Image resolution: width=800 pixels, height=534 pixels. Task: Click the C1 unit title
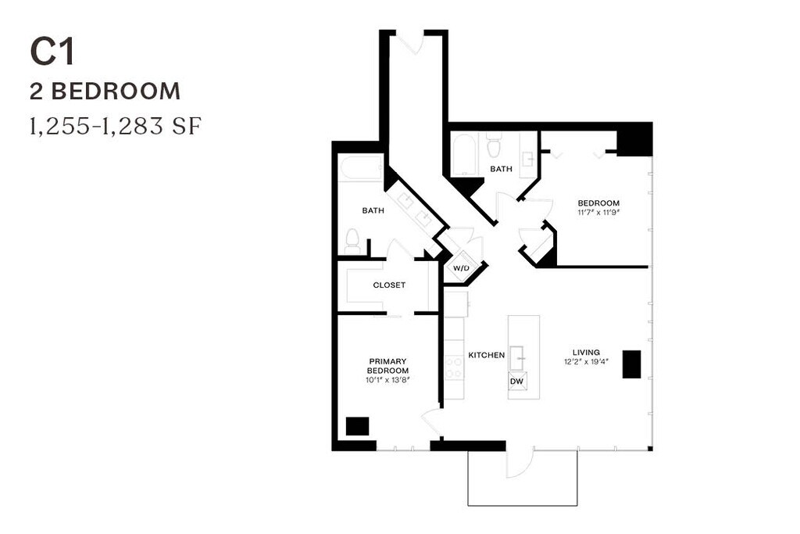tap(52, 52)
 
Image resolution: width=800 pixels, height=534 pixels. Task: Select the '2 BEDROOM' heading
tap(105, 91)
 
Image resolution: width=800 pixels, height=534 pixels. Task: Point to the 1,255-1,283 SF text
tap(116, 126)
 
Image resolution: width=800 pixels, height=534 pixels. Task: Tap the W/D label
tap(461, 268)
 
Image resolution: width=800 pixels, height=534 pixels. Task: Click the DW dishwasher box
tap(517, 381)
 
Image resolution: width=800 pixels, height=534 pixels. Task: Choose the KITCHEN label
tap(486, 355)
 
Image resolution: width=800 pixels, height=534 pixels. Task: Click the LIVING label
tap(586, 353)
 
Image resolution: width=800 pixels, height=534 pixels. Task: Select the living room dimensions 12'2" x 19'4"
tap(586, 362)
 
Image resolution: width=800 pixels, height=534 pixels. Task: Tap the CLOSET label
tap(389, 285)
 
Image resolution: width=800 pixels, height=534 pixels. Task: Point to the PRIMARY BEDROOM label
tap(388, 366)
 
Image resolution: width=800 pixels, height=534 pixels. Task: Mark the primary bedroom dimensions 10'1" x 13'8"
tap(388, 380)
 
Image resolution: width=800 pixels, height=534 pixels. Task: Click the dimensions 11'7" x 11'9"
tap(598, 213)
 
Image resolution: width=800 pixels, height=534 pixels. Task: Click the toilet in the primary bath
tap(352, 241)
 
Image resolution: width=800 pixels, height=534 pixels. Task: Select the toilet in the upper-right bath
tap(494, 145)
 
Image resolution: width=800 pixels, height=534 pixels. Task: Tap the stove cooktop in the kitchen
tap(454, 367)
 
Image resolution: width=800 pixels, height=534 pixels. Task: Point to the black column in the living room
tap(631, 364)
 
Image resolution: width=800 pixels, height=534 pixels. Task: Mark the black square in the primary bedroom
tap(357, 426)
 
